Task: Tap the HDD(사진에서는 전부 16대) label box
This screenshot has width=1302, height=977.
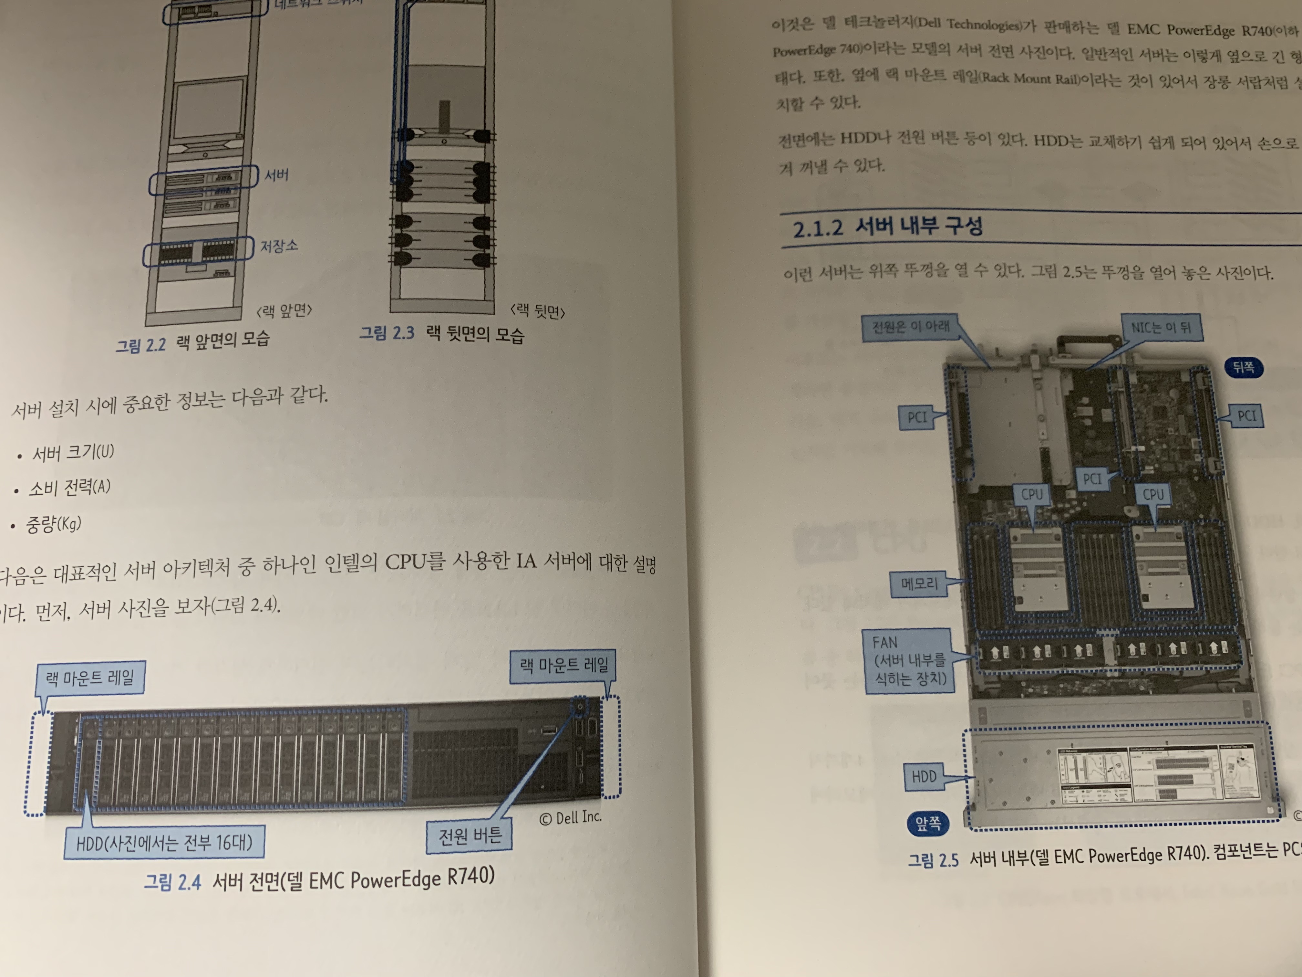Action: click(164, 843)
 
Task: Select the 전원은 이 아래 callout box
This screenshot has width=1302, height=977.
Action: click(910, 327)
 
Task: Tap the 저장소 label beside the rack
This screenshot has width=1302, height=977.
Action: click(279, 246)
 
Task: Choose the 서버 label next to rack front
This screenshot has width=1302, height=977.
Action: click(276, 175)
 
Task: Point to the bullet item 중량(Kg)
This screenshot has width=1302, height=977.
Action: click(53, 523)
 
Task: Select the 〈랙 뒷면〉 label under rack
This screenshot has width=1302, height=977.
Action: click(537, 311)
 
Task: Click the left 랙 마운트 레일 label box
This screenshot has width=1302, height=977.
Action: click(90, 678)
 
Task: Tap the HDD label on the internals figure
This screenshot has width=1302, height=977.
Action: click(924, 777)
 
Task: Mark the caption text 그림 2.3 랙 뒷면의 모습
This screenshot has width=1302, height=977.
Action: click(441, 334)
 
